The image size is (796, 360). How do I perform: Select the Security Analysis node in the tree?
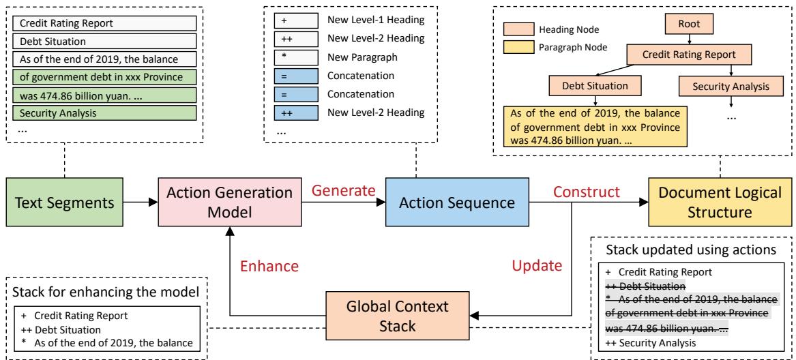coord(731,87)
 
